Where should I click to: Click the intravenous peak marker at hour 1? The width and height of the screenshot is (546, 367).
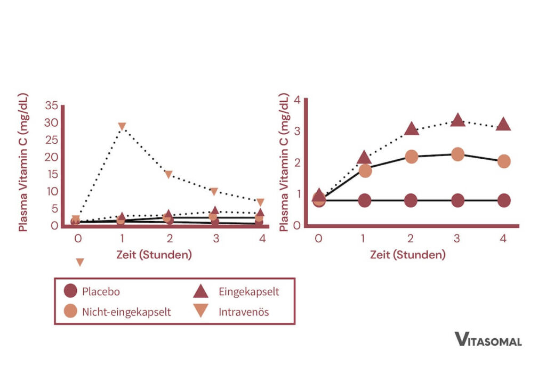122,127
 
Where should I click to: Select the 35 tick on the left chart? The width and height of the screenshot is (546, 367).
52,105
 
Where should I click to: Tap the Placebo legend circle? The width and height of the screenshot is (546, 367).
70,291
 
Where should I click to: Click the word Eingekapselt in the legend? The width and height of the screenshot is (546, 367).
248,291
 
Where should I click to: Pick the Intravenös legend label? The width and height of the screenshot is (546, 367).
244,312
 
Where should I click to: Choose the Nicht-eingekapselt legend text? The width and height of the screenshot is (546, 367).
126,312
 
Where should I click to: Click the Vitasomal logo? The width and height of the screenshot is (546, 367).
488,339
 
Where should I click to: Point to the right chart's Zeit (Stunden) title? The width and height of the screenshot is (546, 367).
408,255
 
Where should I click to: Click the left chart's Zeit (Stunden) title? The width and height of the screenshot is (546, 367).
154,255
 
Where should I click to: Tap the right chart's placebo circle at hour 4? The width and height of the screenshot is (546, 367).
503,201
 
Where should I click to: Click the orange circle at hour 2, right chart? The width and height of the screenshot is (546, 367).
411,157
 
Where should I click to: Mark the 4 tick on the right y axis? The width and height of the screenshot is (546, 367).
298,100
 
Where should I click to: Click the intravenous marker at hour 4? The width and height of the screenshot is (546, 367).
260,202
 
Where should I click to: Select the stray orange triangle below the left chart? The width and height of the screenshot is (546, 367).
80,262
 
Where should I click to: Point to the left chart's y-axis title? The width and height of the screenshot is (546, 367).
23,162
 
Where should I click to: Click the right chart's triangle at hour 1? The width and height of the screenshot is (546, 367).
365,157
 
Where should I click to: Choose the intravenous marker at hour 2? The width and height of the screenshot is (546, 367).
168,175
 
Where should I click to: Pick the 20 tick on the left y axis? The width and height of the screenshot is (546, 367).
52,157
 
